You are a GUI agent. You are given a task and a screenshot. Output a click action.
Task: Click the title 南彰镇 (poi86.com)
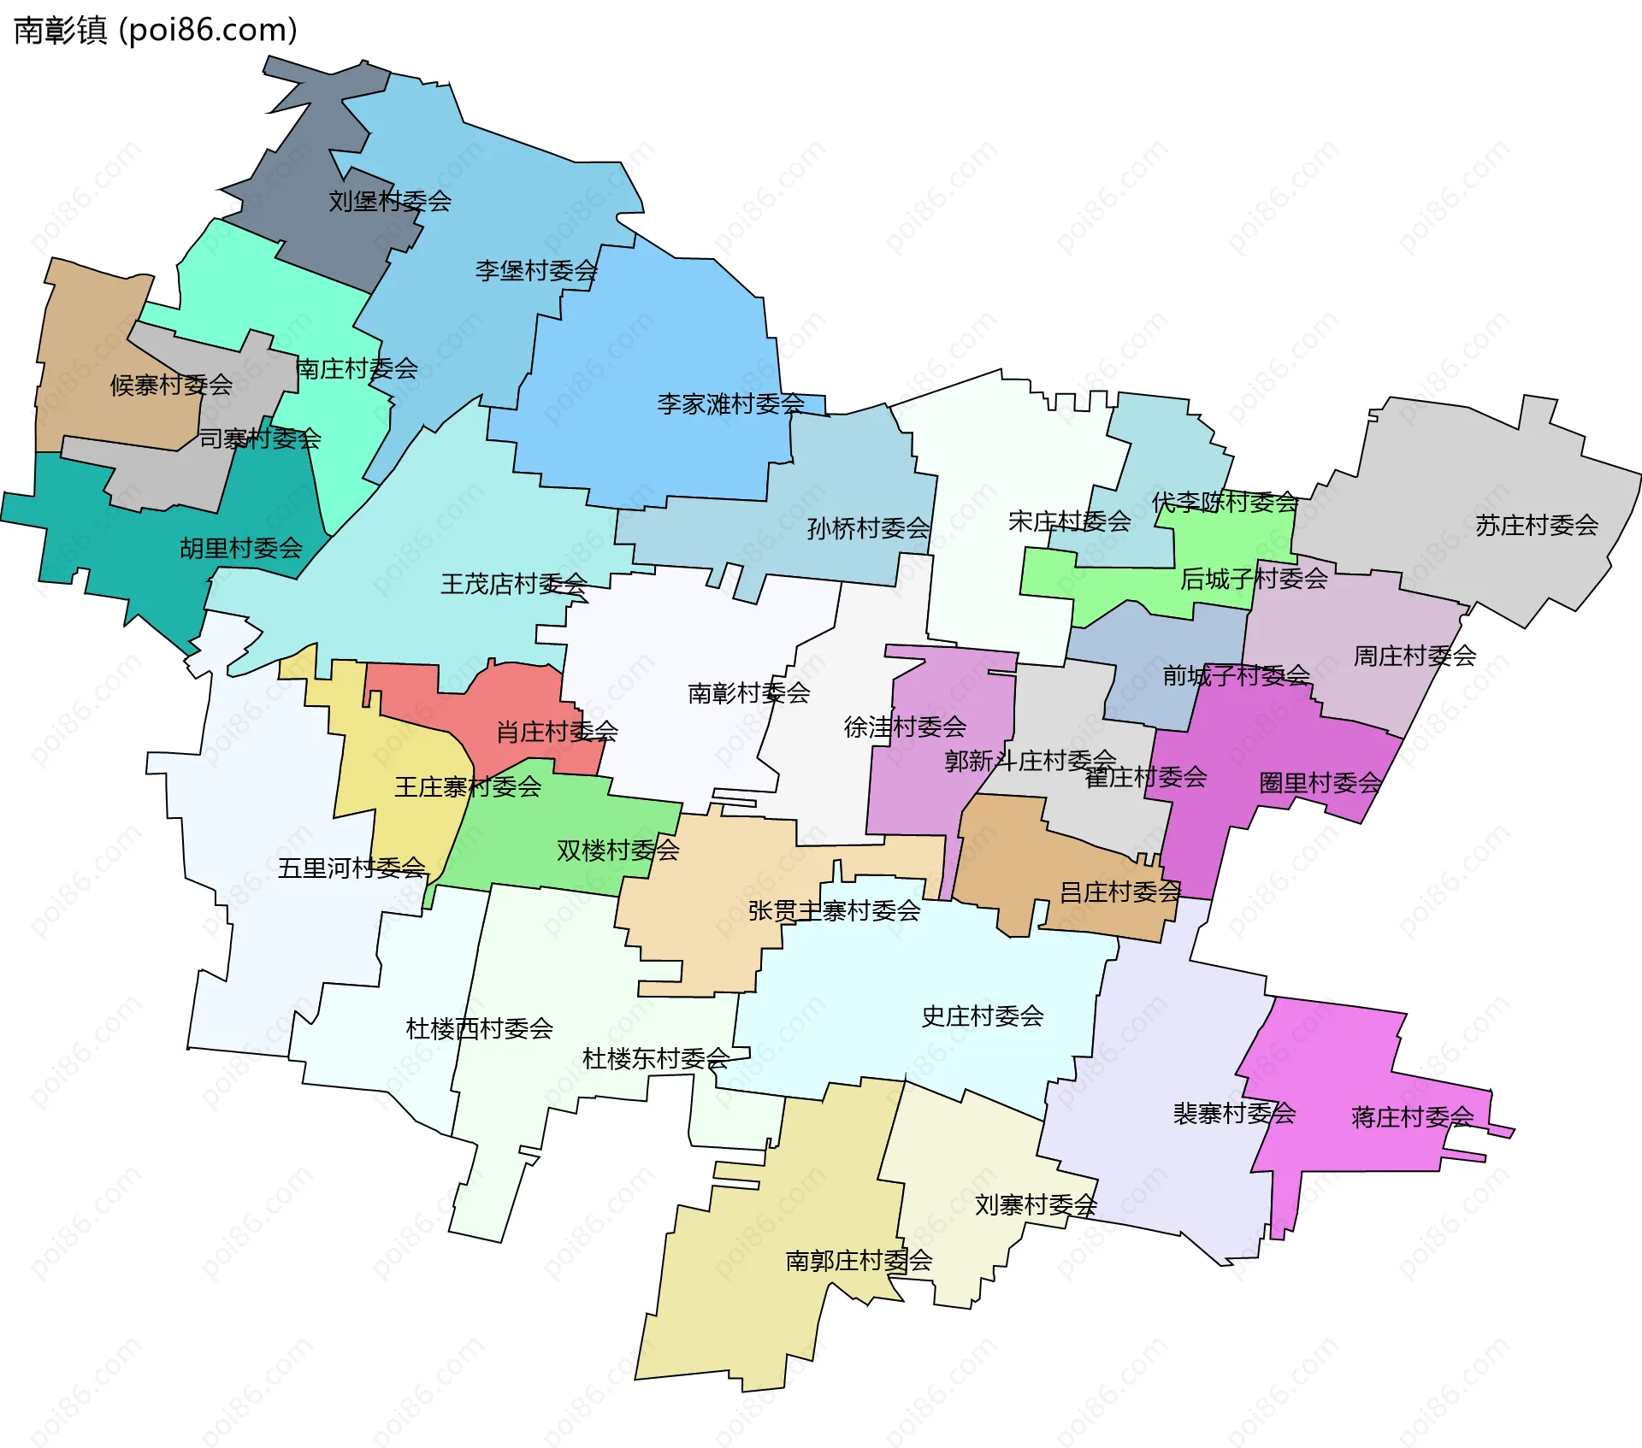(x=156, y=30)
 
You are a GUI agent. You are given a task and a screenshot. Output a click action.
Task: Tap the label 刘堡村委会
(x=390, y=202)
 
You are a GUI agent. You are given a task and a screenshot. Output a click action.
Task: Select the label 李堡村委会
(x=536, y=271)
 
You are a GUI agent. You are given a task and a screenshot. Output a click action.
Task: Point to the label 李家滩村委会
(x=731, y=404)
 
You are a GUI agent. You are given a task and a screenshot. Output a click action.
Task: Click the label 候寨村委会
(x=171, y=386)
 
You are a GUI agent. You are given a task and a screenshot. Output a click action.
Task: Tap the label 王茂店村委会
(x=514, y=585)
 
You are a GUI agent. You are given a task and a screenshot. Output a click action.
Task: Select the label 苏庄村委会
(x=1537, y=526)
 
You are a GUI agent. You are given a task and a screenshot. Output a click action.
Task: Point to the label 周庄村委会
(x=1415, y=656)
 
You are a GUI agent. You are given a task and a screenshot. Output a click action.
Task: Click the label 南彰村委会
(x=749, y=693)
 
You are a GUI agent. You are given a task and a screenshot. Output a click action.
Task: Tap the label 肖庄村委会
(x=557, y=732)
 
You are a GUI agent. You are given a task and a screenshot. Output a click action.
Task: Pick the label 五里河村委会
(x=351, y=868)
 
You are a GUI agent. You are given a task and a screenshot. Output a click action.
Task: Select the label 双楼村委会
(x=617, y=851)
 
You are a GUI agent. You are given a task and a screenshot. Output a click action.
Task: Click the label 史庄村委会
(x=983, y=1016)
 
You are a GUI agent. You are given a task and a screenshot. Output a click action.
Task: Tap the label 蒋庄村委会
(x=1413, y=1117)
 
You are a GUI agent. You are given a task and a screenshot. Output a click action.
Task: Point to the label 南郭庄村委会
(x=859, y=1261)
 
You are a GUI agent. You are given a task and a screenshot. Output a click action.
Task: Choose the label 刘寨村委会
(x=1036, y=1205)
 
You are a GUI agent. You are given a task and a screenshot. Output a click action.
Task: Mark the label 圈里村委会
(x=1320, y=783)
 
